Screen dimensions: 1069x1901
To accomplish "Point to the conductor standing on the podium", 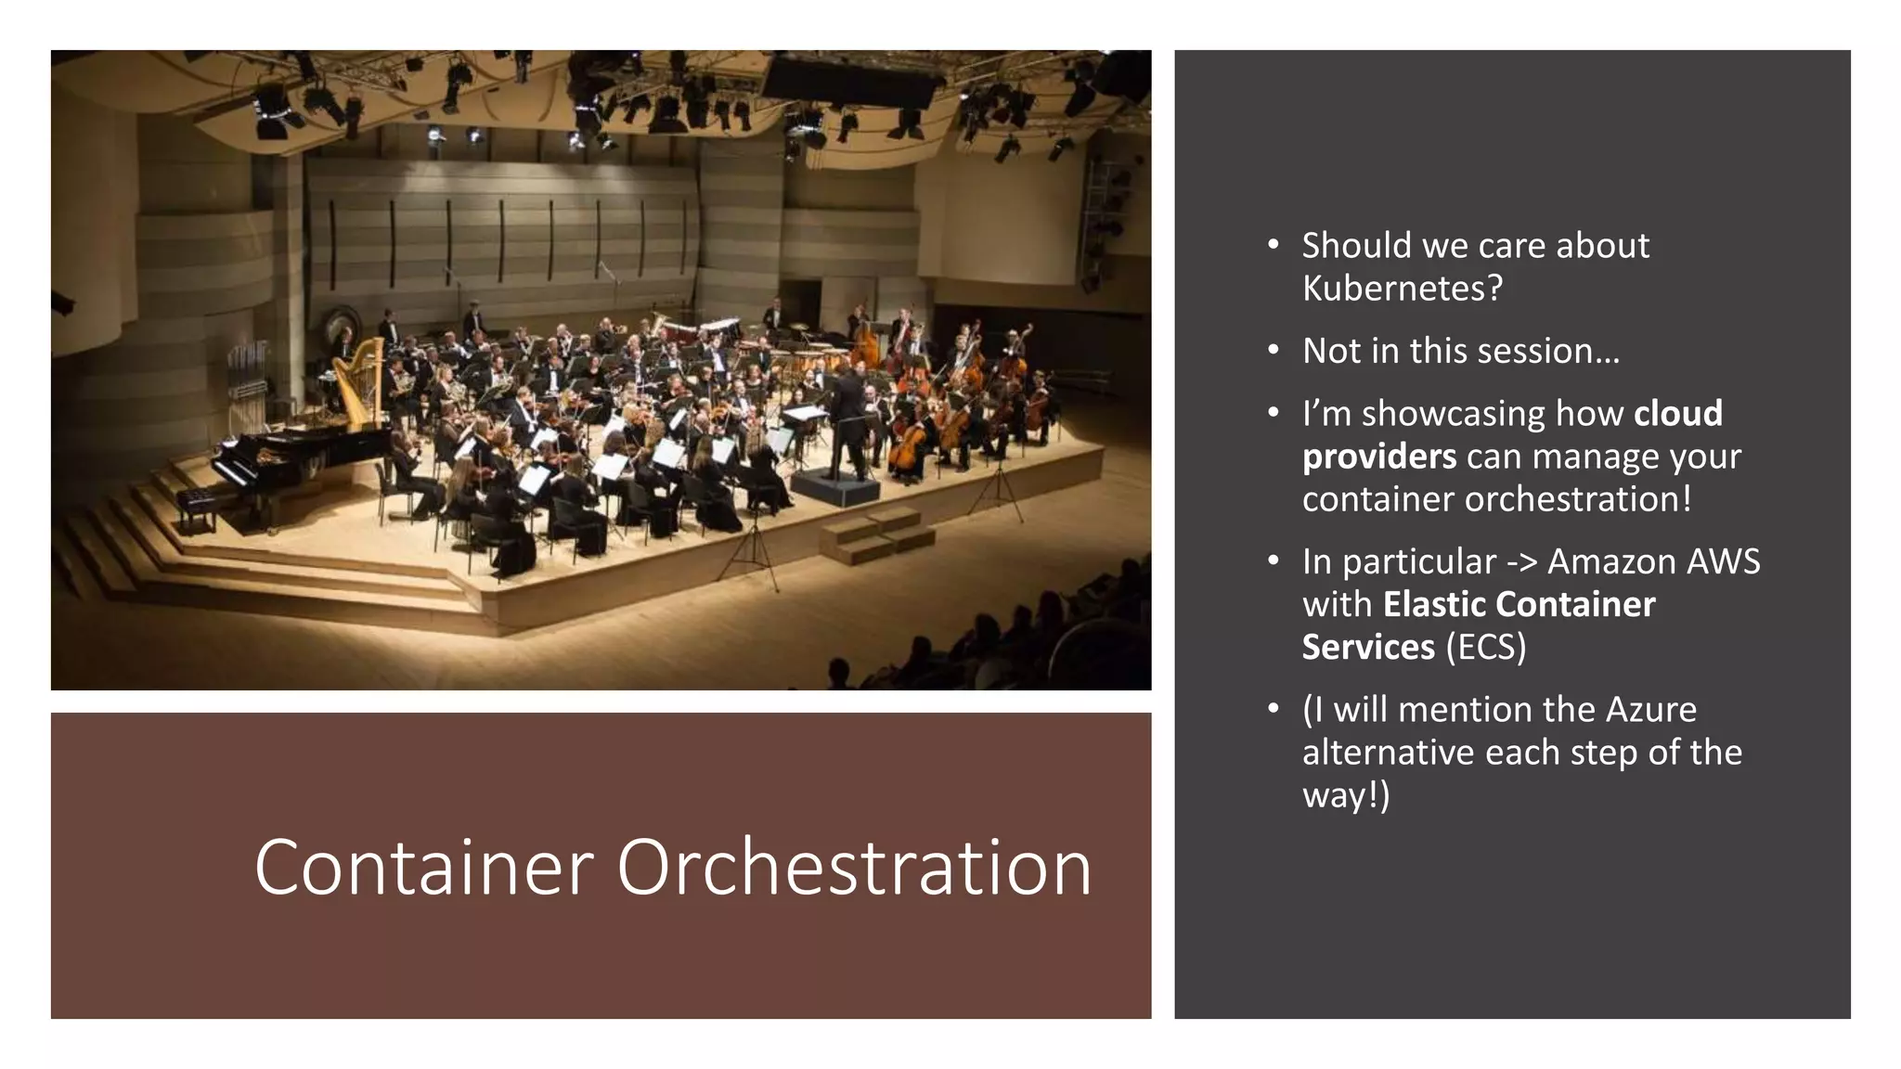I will pos(850,418).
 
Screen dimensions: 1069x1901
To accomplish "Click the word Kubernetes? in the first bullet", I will pos(1402,289).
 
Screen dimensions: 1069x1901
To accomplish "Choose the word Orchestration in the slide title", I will pos(854,868).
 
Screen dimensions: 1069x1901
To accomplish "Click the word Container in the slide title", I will pos(423,868).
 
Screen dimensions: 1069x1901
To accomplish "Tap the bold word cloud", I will pos(1677,413).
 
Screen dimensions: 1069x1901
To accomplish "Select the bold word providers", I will pos(1378,457).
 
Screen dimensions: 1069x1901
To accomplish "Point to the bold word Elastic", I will pos(1434,604).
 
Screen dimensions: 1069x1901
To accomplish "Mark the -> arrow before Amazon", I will pos(1522,562).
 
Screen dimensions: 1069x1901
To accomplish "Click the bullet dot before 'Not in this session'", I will pos(1274,351).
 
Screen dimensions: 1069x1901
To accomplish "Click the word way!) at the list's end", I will pos(1346,795).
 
